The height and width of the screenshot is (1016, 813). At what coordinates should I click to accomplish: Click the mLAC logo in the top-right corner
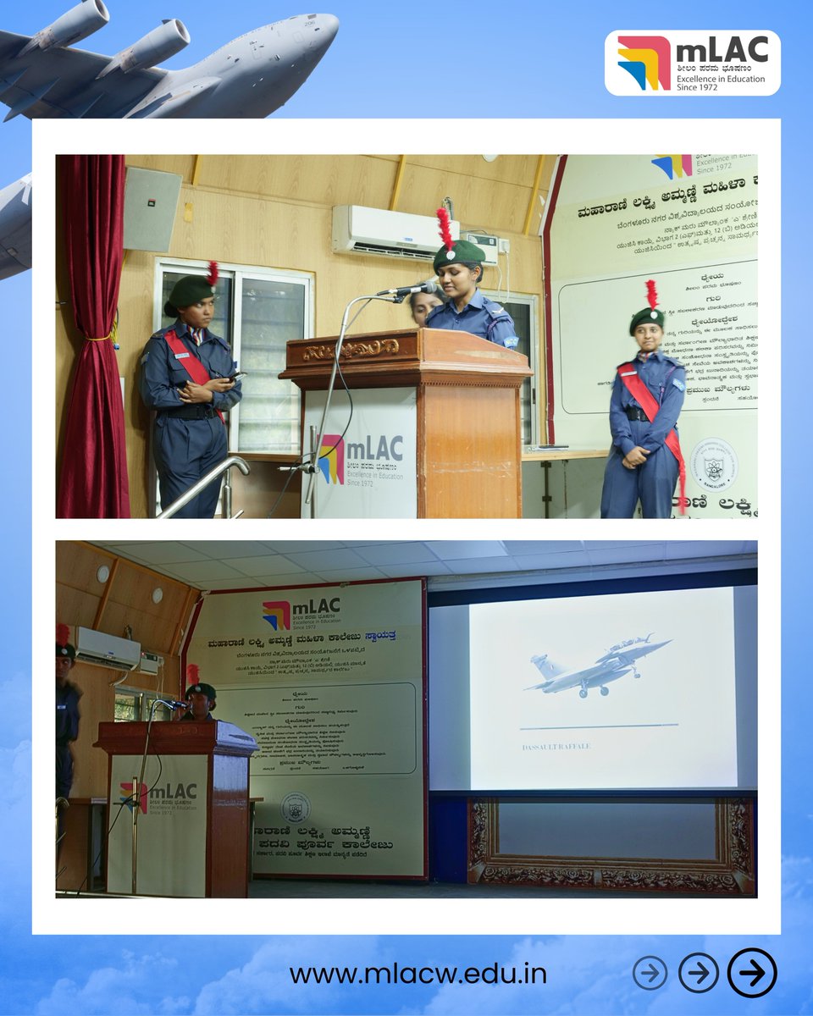click(692, 63)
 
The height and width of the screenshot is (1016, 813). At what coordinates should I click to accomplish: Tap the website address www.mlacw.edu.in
click(418, 974)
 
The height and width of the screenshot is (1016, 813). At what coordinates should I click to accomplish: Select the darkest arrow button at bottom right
click(751, 974)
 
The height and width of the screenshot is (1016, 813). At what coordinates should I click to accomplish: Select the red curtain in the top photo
click(91, 339)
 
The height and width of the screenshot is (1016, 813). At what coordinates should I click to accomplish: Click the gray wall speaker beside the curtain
click(152, 208)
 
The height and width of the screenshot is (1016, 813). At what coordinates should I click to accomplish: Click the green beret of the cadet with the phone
click(191, 290)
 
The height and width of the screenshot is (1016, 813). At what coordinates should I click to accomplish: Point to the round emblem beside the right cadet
click(713, 464)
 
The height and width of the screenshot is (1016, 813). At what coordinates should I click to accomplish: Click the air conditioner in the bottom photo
click(108, 647)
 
